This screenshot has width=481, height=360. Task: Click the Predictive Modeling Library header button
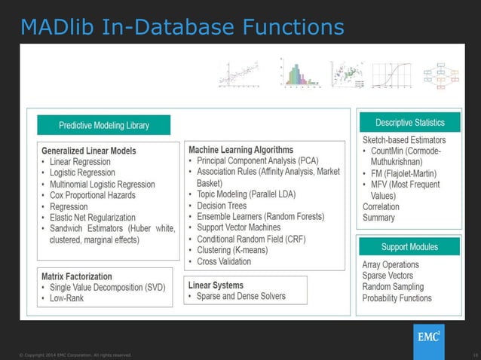pyautogui.click(x=104, y=125)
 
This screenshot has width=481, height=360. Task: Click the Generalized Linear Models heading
pyautogui.click(x=90, y=151)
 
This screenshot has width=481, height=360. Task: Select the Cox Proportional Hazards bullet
pyautogui.click(x=94, y=195)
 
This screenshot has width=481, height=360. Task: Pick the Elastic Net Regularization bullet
pyautogui.click(x=97, y=218)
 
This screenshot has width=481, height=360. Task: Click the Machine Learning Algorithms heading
pyautogui.click(x=240, y=150)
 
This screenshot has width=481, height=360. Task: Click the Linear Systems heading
pyautogui.click(x=216, y=285)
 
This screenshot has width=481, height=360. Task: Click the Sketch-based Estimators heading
pyautogui.click(x=404, y=140)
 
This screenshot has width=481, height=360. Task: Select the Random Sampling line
pyautogui.click(x=393, y=287)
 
